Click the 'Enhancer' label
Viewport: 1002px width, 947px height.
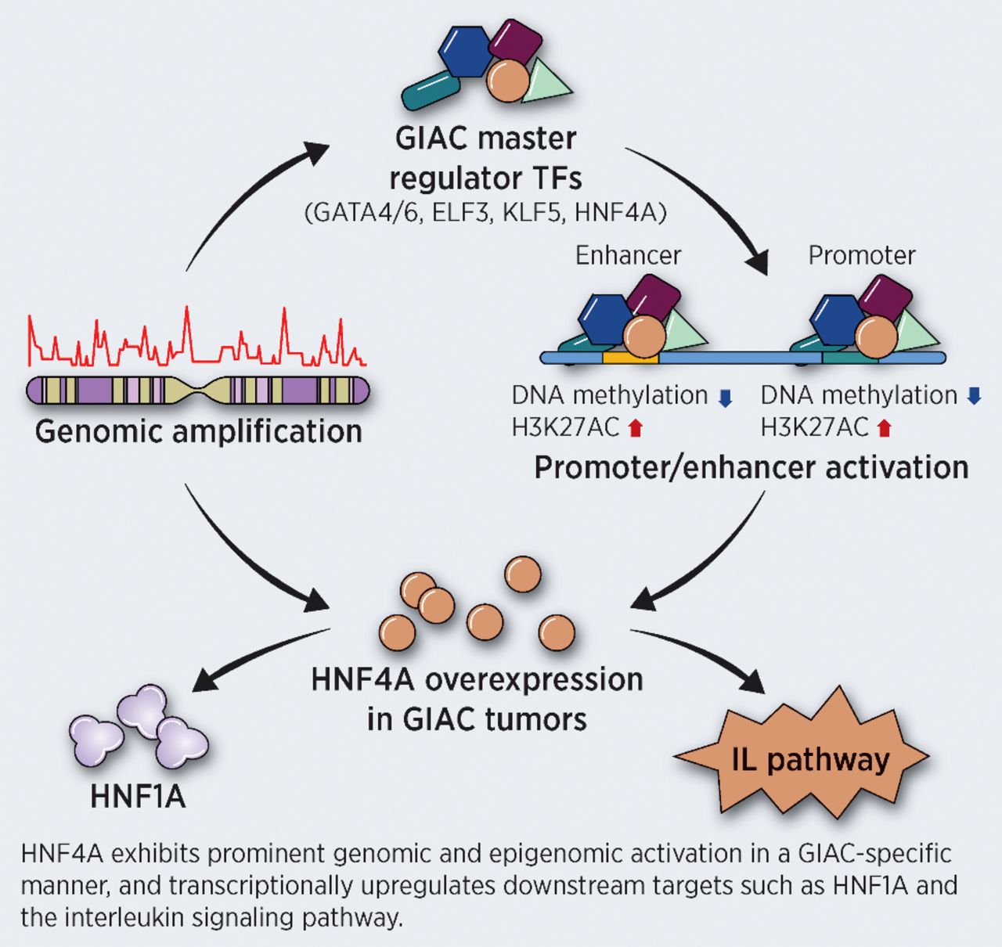628,255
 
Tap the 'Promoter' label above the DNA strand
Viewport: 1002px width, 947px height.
861,255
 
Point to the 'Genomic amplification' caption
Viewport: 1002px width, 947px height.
199,431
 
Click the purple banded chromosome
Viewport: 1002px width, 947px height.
197,389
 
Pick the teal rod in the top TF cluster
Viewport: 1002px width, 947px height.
430,91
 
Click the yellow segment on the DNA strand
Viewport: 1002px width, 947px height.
630,358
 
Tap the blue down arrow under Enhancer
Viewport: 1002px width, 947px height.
725,398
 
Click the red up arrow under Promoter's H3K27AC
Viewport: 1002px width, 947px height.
885,428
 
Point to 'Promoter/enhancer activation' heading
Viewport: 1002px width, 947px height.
751,467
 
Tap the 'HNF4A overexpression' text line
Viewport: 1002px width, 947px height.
477,679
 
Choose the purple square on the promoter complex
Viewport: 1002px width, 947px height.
886,299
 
